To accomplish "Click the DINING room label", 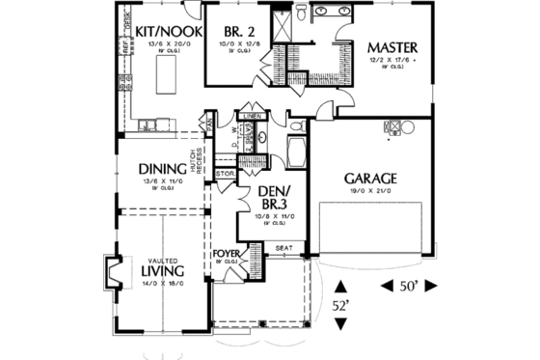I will pos(160,166).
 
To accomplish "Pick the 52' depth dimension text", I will pos(340,306).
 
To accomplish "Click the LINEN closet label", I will pos(253,116).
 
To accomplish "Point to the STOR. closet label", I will pos(224,175).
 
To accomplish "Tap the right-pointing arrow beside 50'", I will pos(431,286).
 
